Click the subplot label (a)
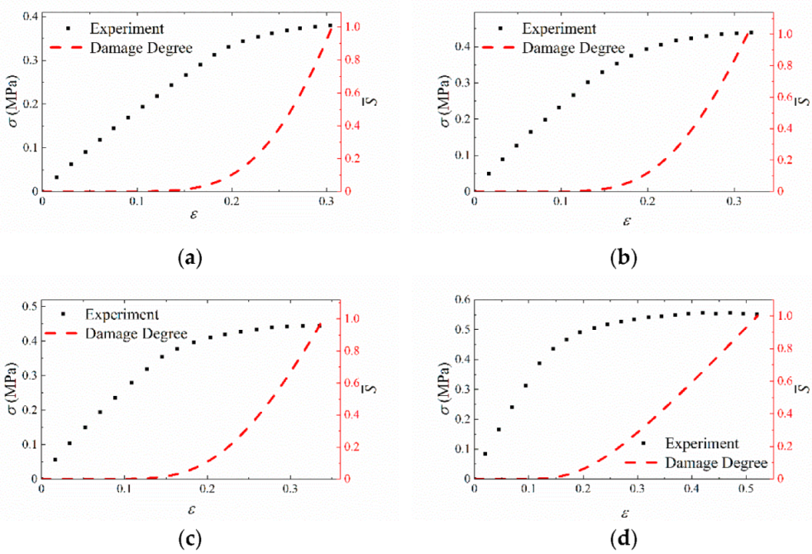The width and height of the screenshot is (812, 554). click(x=190, y=258)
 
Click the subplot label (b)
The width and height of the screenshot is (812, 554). click(x=623, y=258)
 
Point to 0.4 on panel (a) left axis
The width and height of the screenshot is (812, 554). click(x=27, y=17)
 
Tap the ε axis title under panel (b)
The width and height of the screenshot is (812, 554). click(x=626, y=222)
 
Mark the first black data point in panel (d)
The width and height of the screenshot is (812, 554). click(x=485, y=453)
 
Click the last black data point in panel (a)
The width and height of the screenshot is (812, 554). click(x=330, y=26)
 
